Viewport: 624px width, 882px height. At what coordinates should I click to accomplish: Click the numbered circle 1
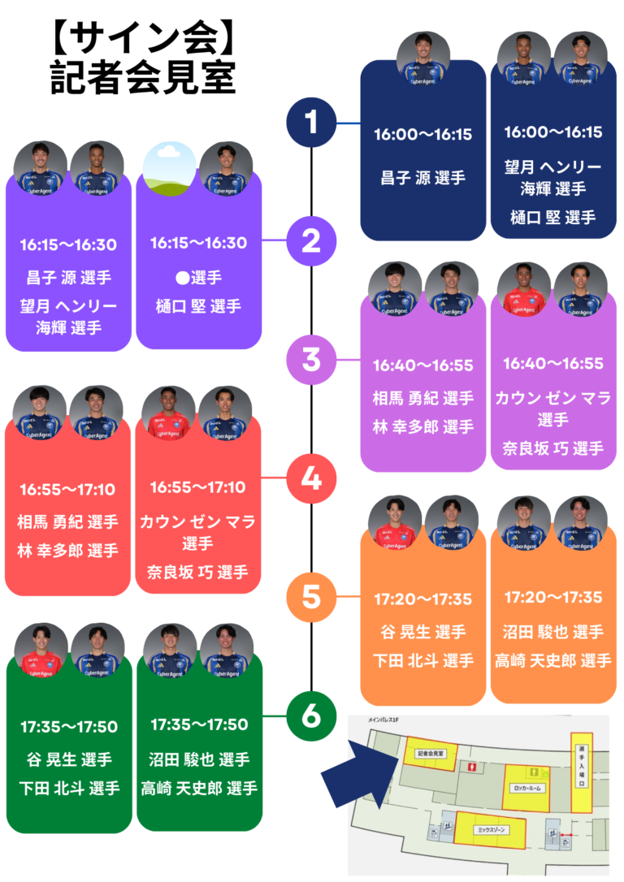(312, 123)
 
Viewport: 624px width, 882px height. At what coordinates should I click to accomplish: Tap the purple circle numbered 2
(312, 241)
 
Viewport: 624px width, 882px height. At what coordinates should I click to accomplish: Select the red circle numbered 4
(312, 478)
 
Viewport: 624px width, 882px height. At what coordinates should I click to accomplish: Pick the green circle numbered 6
(312, 716)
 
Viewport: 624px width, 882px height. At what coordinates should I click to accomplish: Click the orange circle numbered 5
(312, 597)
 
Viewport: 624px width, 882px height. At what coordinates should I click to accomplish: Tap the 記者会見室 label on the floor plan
(430, 753)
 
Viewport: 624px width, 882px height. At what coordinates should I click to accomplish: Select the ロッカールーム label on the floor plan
(527, 788)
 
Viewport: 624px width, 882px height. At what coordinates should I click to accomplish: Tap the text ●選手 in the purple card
(198, 278)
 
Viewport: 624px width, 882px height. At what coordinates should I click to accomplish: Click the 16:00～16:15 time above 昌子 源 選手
(422, 135)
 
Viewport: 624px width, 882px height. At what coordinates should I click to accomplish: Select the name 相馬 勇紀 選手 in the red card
(67, 521)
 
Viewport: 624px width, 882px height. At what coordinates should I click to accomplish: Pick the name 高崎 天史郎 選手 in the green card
(199, 788)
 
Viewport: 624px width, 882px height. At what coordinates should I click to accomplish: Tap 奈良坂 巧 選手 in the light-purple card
(552, 448)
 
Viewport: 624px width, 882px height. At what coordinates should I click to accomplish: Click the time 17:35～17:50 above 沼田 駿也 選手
(199, 724)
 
